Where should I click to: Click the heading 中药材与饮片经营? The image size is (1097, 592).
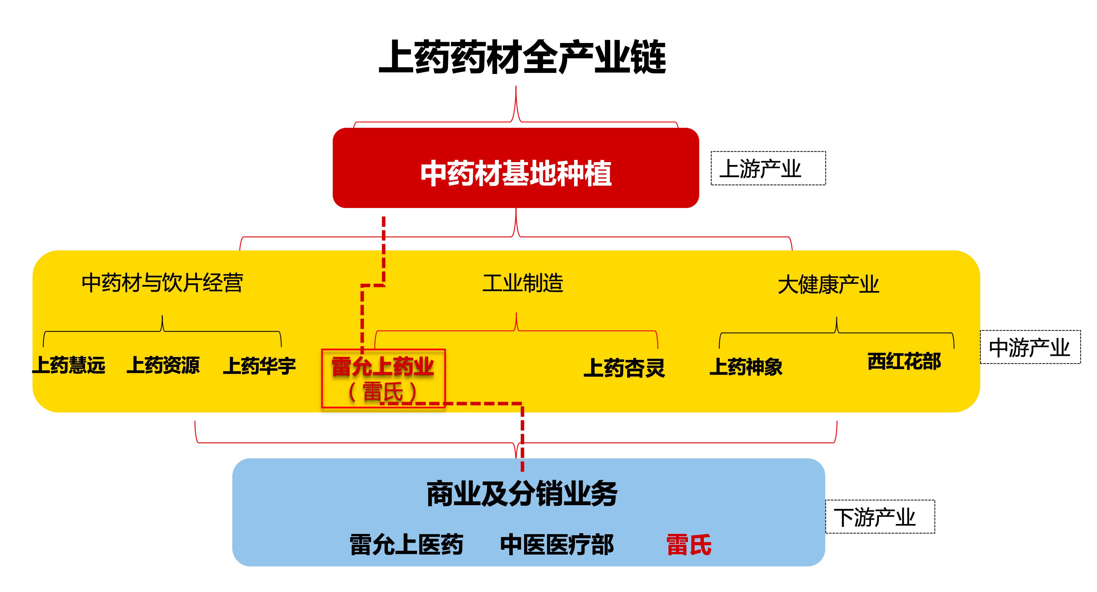[162, 283]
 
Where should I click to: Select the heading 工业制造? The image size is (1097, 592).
[523, 283]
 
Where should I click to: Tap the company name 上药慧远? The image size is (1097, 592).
[69, 365]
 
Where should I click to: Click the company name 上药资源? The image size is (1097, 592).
[163, 365]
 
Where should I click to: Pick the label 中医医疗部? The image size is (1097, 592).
[557, 545]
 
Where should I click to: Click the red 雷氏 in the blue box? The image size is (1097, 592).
[689, 545]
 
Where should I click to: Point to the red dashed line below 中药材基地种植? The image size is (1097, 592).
[384, 247]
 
